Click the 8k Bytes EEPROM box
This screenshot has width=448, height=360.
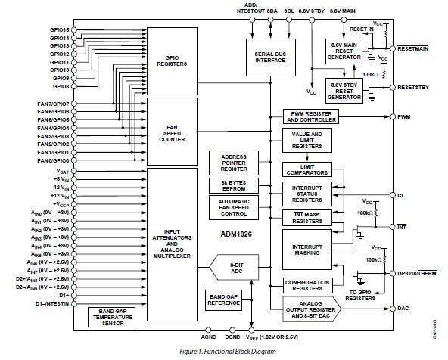point(235,185)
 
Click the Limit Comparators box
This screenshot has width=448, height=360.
point(310,171)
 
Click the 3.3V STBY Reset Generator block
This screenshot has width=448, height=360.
point(344,88)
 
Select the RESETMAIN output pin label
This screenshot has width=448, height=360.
point(412,48)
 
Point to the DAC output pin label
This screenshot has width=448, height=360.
point(403,309)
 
